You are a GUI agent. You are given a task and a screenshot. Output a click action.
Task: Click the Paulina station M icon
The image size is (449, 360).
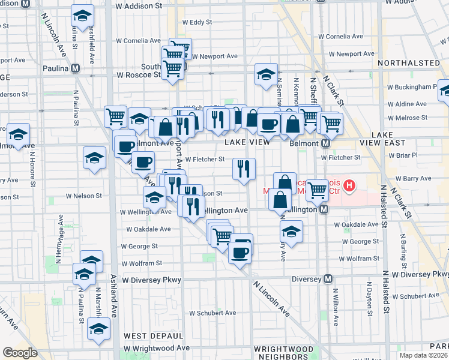(75, 68)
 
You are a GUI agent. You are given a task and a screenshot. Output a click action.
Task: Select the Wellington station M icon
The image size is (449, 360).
(324, 209)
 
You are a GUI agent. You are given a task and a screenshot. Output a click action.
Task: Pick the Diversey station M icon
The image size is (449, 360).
(328, 279)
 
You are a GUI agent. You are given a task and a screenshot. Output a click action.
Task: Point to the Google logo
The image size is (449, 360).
(20, 353)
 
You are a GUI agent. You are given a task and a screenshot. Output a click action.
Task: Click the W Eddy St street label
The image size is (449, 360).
(196, 22)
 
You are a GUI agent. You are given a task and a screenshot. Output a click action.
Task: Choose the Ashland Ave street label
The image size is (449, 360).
(113, 294)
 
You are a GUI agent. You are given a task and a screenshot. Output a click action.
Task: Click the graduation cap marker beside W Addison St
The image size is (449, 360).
(83, 14)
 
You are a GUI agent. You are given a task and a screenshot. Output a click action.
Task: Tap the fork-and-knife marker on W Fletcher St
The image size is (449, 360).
(244, 168)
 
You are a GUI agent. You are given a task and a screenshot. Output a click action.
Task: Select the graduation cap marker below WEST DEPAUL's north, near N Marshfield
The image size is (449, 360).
(98, 329)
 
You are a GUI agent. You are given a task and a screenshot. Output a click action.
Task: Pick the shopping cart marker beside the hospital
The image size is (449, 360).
(317, 190)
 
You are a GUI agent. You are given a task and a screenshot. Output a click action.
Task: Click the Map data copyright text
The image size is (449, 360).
(424, 355)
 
